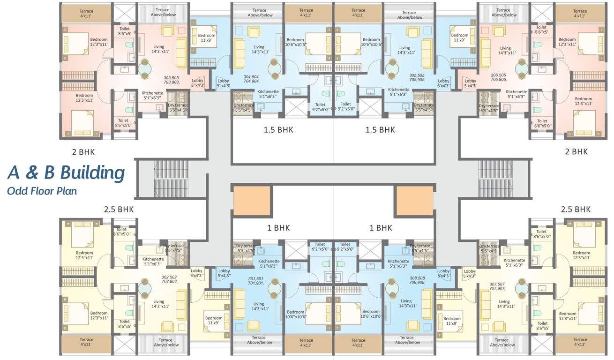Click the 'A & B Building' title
pos(66,172)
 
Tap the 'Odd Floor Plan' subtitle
pos(42,191)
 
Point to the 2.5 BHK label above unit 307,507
pos(576,209)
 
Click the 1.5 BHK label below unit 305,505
pos(380,129)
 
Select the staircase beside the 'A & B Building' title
pos(171,178)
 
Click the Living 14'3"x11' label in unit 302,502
pos(159,304)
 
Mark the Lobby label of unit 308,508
pos(443,273)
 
